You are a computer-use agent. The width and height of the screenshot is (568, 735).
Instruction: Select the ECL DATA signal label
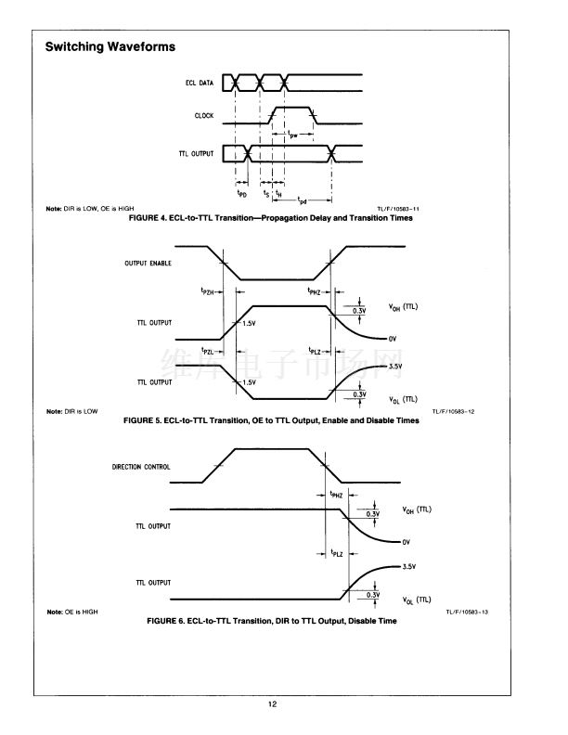point(200,84)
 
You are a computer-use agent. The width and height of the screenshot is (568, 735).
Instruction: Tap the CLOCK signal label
point(204,116)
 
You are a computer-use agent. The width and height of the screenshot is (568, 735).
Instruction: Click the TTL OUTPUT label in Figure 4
point(196,151)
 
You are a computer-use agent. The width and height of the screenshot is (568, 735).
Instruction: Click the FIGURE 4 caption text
point(270,218)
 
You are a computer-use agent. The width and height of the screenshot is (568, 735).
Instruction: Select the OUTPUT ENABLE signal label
point(148,263)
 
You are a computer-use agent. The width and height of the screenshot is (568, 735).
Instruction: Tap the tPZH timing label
point(209,291)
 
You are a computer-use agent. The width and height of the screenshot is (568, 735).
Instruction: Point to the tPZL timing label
point(209,351)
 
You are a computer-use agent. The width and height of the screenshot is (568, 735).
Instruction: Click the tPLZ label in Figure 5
point(315,351)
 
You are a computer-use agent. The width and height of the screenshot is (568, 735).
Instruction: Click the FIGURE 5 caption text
point(270,420)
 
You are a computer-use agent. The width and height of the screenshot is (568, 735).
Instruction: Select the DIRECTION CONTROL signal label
point(141,467)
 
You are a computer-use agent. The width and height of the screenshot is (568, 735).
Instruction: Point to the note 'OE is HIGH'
point(71,612)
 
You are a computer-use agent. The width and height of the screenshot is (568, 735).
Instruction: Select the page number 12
point(273,705)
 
